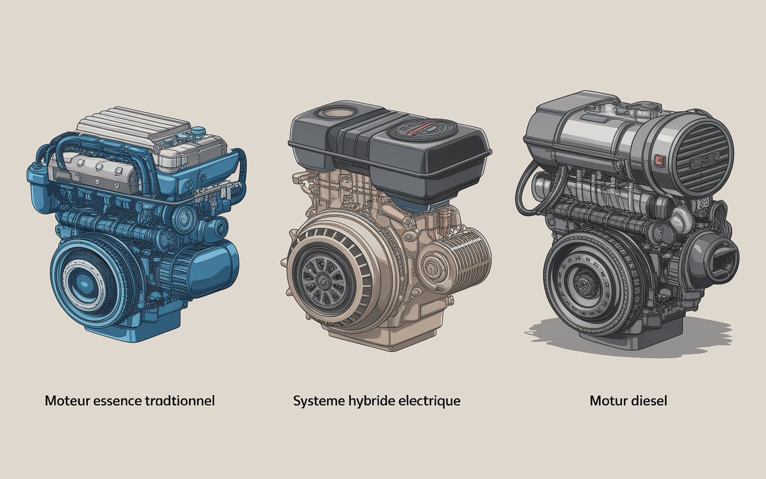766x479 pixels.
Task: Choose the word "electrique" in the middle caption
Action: tap(430, 401)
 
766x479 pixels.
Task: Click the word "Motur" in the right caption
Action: tap(608, 401)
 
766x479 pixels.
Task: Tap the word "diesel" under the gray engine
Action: tap(649, 401)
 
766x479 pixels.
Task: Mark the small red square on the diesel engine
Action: tap(659, 160)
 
